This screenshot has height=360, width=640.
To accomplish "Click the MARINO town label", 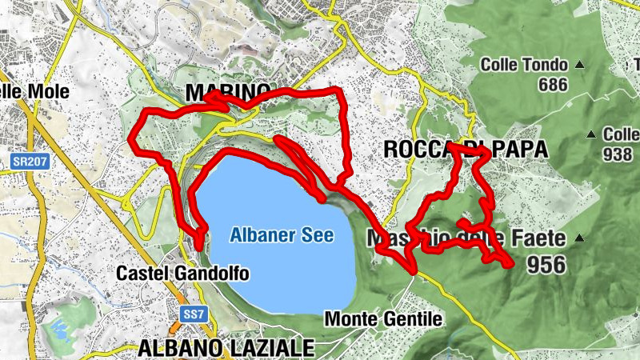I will pos(229,93).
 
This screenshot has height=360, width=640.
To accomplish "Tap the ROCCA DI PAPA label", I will pos(466,149).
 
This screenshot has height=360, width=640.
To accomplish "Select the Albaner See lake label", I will pos(281,235).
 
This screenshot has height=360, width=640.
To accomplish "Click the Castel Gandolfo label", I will pos(182,274).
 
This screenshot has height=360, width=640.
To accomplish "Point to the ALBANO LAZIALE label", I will pos(226,347).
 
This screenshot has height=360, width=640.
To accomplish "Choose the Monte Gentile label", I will pos(383,319).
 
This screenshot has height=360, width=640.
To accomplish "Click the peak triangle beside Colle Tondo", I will pos(580,65).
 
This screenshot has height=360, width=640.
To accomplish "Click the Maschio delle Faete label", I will pos(466,238).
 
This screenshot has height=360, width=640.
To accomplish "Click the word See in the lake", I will pos(318,235).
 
